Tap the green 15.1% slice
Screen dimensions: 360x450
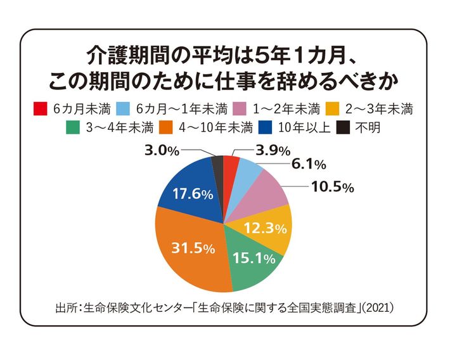254,260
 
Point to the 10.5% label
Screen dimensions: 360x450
332,187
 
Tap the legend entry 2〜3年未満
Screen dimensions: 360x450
380,108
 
